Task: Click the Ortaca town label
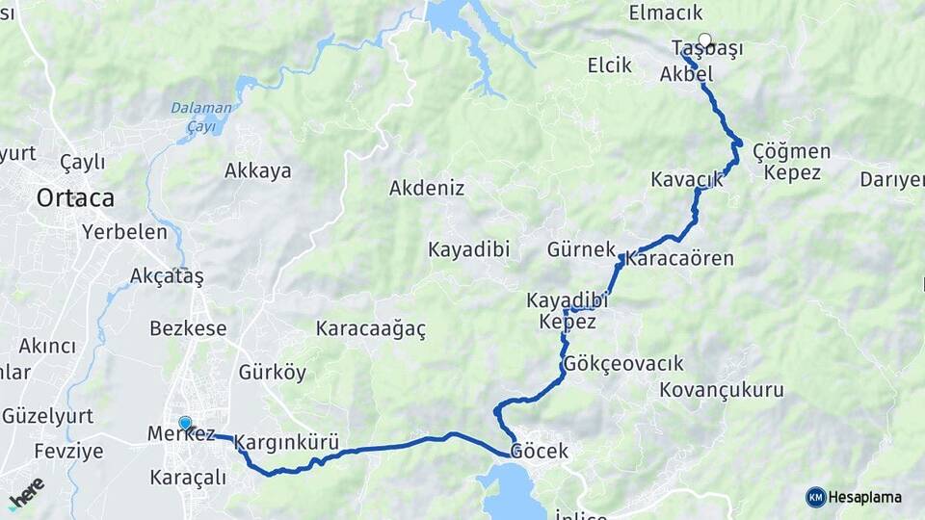click(75, 198)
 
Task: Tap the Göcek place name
click(540, 451)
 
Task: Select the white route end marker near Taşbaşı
click(705, 41)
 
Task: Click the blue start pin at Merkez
click(185, 423)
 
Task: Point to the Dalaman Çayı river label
click(202, 117)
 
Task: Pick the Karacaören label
click(679, 258)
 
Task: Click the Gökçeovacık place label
click(624, 364)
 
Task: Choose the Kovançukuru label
click(722, 390)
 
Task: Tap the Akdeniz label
click(427, 188)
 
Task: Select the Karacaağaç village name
click(371, 328)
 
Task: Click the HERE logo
click(26, 494)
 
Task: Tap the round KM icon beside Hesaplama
click(816, 497)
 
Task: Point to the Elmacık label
click(666, 13)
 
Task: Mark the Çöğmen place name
click(791, 151)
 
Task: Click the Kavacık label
click(687, 180)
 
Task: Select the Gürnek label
click(581, 249)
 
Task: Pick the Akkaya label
click(258, 170)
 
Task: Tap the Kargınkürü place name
click(286, 443)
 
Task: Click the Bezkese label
click(188, 327)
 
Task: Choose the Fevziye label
click(68, 452)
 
